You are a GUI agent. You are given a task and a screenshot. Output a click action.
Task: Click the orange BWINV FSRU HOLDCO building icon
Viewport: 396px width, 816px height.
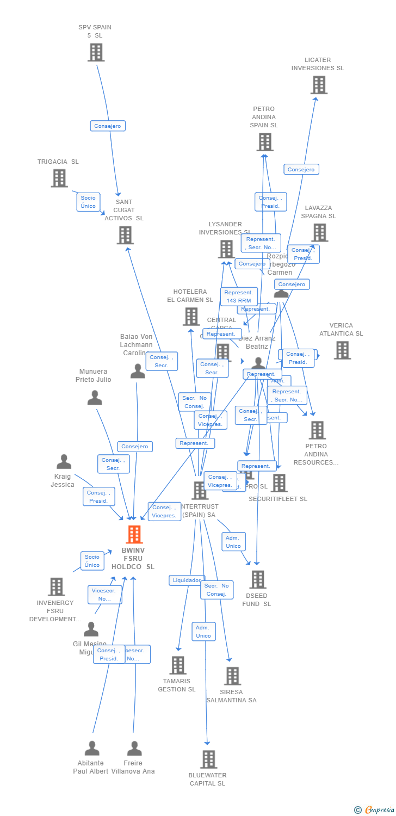(134, 535)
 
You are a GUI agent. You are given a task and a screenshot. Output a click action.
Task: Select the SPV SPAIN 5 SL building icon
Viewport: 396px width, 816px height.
(96, 52)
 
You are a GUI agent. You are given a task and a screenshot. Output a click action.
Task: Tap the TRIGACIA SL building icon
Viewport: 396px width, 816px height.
(59, 178)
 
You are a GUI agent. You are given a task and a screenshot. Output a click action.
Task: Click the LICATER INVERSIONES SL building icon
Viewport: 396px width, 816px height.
(319, 85)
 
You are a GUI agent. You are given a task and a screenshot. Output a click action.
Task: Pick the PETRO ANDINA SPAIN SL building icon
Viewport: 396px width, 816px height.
(264, 142)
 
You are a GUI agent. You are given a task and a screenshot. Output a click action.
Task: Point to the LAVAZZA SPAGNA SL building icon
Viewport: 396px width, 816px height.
(319, 232)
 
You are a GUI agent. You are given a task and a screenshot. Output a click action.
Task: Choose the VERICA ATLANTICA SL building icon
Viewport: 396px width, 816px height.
(342, 350)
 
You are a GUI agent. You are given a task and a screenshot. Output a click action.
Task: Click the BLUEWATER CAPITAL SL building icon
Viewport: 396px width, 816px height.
(208, 759)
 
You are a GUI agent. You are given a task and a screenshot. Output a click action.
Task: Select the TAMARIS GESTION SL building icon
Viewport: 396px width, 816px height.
(177, 665)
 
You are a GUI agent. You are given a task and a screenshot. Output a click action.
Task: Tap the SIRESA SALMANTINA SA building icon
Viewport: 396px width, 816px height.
(232, 676)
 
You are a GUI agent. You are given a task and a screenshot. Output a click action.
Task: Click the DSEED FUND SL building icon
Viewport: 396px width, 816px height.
(258, 579)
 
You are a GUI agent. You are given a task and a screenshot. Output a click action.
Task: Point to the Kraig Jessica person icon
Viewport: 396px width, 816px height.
(64, 462)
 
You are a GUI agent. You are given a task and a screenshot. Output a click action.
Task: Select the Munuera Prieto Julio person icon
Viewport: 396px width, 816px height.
(95, 398)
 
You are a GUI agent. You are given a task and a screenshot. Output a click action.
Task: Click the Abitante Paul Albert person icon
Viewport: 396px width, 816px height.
(92, 749)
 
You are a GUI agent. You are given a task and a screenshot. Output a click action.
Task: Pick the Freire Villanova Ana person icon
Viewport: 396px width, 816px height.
(134, 749)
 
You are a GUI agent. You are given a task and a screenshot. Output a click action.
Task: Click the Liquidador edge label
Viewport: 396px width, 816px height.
(187, 580)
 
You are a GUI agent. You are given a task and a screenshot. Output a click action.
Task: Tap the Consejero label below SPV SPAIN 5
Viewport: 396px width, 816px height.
(108, 126)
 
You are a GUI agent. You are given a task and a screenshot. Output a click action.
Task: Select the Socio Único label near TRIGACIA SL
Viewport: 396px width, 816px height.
(88, 202)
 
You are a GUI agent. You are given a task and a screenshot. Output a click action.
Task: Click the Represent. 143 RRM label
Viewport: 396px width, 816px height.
(239, 296)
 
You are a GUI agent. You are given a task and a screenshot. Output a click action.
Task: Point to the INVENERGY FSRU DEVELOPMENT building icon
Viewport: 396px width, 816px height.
(56, 586)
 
